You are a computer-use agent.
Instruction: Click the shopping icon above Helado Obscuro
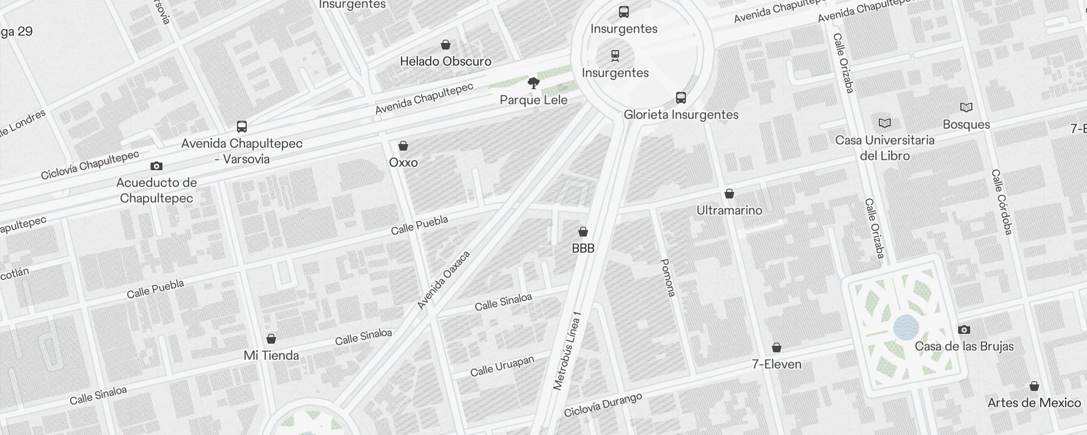pos(446,45)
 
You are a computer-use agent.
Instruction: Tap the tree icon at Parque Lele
pos(534,83)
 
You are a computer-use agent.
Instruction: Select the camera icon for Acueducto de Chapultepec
pos(157,166)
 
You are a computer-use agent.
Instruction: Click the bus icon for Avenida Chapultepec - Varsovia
pos(242,127)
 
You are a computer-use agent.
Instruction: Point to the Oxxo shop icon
pos(403,146)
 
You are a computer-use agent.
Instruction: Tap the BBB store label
pos(583,248)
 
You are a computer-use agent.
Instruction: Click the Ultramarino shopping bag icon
pos(729,194)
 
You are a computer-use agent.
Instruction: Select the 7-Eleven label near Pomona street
pos(777,364)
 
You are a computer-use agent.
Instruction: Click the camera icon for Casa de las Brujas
pos(964,330)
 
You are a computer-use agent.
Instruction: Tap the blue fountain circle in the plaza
pos(906,328)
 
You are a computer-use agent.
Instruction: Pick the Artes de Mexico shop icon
pos(1034,386)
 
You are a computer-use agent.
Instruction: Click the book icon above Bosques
pos(966,108)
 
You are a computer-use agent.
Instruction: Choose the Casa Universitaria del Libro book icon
pos(885,123)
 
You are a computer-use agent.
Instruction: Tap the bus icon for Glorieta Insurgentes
pos(681,98)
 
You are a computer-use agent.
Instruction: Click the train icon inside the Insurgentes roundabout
pos(615,55)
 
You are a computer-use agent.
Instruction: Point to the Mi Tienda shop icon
pos(271,339)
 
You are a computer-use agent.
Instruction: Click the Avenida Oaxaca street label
pos(443,280)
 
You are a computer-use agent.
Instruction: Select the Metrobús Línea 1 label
pos(567,351)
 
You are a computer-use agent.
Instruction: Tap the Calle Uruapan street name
pos(502,366)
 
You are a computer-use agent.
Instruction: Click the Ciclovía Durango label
pos(603,405)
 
